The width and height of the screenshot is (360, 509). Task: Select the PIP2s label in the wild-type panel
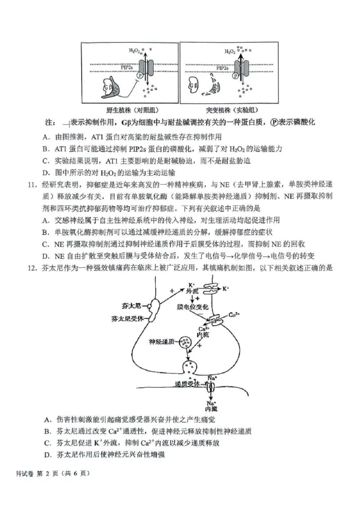pos(126,67)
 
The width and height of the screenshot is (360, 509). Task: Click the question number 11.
pos(33,185)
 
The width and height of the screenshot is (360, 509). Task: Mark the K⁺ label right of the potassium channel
pos(226,287)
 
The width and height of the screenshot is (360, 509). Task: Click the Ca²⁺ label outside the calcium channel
pos(234,316)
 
